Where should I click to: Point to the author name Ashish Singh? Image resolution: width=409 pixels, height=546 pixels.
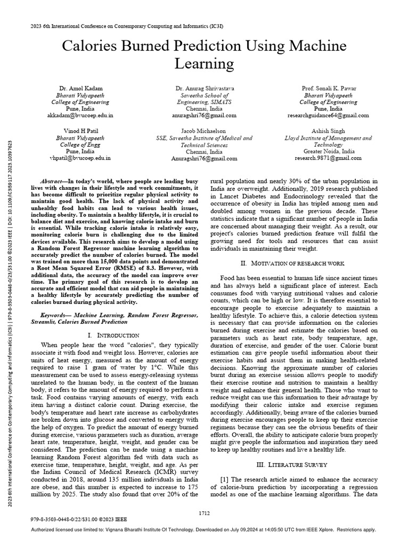[x=328, y=131]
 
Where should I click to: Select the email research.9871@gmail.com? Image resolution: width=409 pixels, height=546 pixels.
[x=328, y=158]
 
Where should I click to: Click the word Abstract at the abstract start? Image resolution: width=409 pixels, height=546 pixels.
[x=53, y=182]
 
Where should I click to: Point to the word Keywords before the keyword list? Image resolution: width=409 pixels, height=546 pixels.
[x=55, y=316]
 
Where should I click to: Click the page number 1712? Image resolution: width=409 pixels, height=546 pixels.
[x=204, y=513]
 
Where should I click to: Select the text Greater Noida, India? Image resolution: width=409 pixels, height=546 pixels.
[x=328, y=151]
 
